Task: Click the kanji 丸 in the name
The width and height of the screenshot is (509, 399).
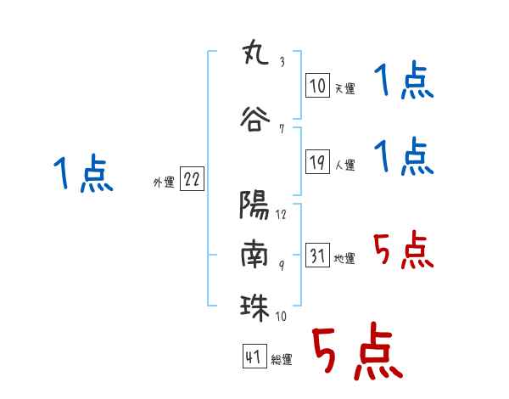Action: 255,53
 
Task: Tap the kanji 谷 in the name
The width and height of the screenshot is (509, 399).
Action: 255,119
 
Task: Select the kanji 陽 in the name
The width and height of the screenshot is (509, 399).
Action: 255,205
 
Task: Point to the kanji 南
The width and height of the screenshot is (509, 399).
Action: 255,254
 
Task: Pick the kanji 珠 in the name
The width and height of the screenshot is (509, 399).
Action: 255,307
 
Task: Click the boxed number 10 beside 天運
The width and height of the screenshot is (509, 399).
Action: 317,86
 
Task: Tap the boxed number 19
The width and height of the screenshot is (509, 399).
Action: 317,162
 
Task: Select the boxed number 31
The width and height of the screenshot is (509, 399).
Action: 317,255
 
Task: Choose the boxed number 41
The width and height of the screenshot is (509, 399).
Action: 255,357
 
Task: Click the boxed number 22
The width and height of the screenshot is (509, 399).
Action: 192,179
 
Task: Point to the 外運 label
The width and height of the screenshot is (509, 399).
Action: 164,183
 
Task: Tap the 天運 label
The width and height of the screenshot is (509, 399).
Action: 345,88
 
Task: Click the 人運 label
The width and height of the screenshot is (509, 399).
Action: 345,165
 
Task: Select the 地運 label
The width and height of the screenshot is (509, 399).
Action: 344,258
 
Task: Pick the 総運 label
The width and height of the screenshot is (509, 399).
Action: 282,359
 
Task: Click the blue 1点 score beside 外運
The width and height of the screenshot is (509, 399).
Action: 83,172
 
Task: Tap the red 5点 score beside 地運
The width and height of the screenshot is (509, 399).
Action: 404,250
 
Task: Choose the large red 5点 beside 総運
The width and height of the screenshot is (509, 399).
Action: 357,351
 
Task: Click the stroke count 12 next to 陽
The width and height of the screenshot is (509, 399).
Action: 281,215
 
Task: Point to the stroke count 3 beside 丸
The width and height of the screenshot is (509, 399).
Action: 282,62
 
